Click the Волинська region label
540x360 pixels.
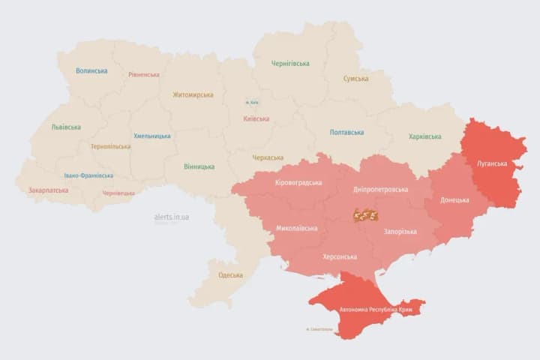tap(91, 71)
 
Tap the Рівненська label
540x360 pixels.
tap(144, 75)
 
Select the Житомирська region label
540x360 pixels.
tap(193, 95)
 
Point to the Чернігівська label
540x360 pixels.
tap(290, 64)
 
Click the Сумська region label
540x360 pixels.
tap(355, 79)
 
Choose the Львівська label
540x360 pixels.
tap(66, 127)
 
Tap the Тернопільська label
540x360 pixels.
tap(110, 147)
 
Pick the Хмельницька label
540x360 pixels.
tap(151, 136)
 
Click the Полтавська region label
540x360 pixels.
tap(346, 133)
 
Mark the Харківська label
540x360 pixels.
tap(425, 136)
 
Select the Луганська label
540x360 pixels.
tap(492, 163)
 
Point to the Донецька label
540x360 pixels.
tap(454, 200)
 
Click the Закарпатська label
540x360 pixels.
tap(48, 190)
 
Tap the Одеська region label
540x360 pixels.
tap(231, 275)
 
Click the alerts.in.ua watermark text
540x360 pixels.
tap(172, 217)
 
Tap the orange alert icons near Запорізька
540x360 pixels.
tap(365, 216)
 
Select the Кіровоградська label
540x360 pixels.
tap(298, 183)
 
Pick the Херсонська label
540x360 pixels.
tap(339, 256)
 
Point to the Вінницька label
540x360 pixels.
tap(199, 166)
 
